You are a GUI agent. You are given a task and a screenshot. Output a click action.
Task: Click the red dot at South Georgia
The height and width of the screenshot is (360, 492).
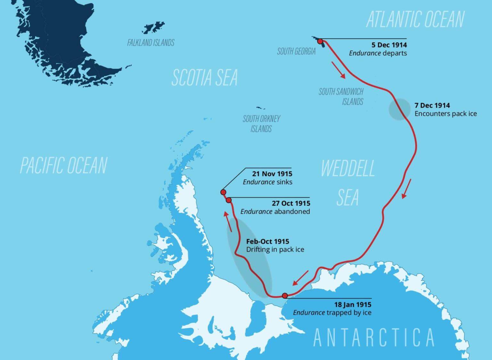coord(320,41)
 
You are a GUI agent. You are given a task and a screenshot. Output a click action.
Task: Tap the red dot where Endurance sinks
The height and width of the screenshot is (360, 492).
coord(223,192)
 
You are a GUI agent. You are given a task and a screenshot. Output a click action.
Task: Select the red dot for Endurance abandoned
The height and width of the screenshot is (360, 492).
coord(229,200)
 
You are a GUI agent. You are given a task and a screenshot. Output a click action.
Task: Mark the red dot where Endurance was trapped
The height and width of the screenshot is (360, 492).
coord(285,296)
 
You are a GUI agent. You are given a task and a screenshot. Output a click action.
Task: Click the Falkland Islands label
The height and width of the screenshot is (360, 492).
coord(151,43)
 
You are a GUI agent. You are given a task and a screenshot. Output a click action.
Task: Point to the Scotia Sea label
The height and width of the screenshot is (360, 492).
coord(204,77)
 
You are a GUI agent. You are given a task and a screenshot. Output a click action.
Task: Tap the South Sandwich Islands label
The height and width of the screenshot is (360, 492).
coord(341,97)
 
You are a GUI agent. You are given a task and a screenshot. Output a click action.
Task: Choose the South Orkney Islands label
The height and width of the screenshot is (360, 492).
coord(261,124)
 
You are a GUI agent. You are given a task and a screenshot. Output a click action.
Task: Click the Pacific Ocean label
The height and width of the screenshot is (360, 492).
coord(63,165)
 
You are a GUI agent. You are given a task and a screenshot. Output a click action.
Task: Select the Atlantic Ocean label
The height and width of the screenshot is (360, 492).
coord(415,19)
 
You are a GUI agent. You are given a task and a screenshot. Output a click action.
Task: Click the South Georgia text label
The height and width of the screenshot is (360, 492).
coord(296,51)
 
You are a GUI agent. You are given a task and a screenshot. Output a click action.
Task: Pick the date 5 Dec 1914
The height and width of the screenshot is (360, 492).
coord(389,45)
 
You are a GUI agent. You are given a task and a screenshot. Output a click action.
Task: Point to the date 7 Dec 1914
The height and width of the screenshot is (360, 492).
coord(432,105)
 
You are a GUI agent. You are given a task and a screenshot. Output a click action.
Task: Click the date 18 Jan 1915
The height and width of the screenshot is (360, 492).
coord(353,305)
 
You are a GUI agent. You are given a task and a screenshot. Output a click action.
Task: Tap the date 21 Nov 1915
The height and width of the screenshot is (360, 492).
coord(272,174)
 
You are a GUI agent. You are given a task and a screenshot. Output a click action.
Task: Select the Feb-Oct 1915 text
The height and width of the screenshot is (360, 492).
coord(267,241)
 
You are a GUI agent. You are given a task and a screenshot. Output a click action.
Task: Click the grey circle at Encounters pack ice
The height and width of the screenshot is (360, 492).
coord(399,109)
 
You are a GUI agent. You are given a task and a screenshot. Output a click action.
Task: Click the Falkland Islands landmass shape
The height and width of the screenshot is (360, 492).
coord(153,28)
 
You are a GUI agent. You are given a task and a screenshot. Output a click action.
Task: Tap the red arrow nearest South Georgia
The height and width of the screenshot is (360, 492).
coord(338,70)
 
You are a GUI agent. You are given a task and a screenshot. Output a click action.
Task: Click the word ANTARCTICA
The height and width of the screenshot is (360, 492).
coord(373,338)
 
